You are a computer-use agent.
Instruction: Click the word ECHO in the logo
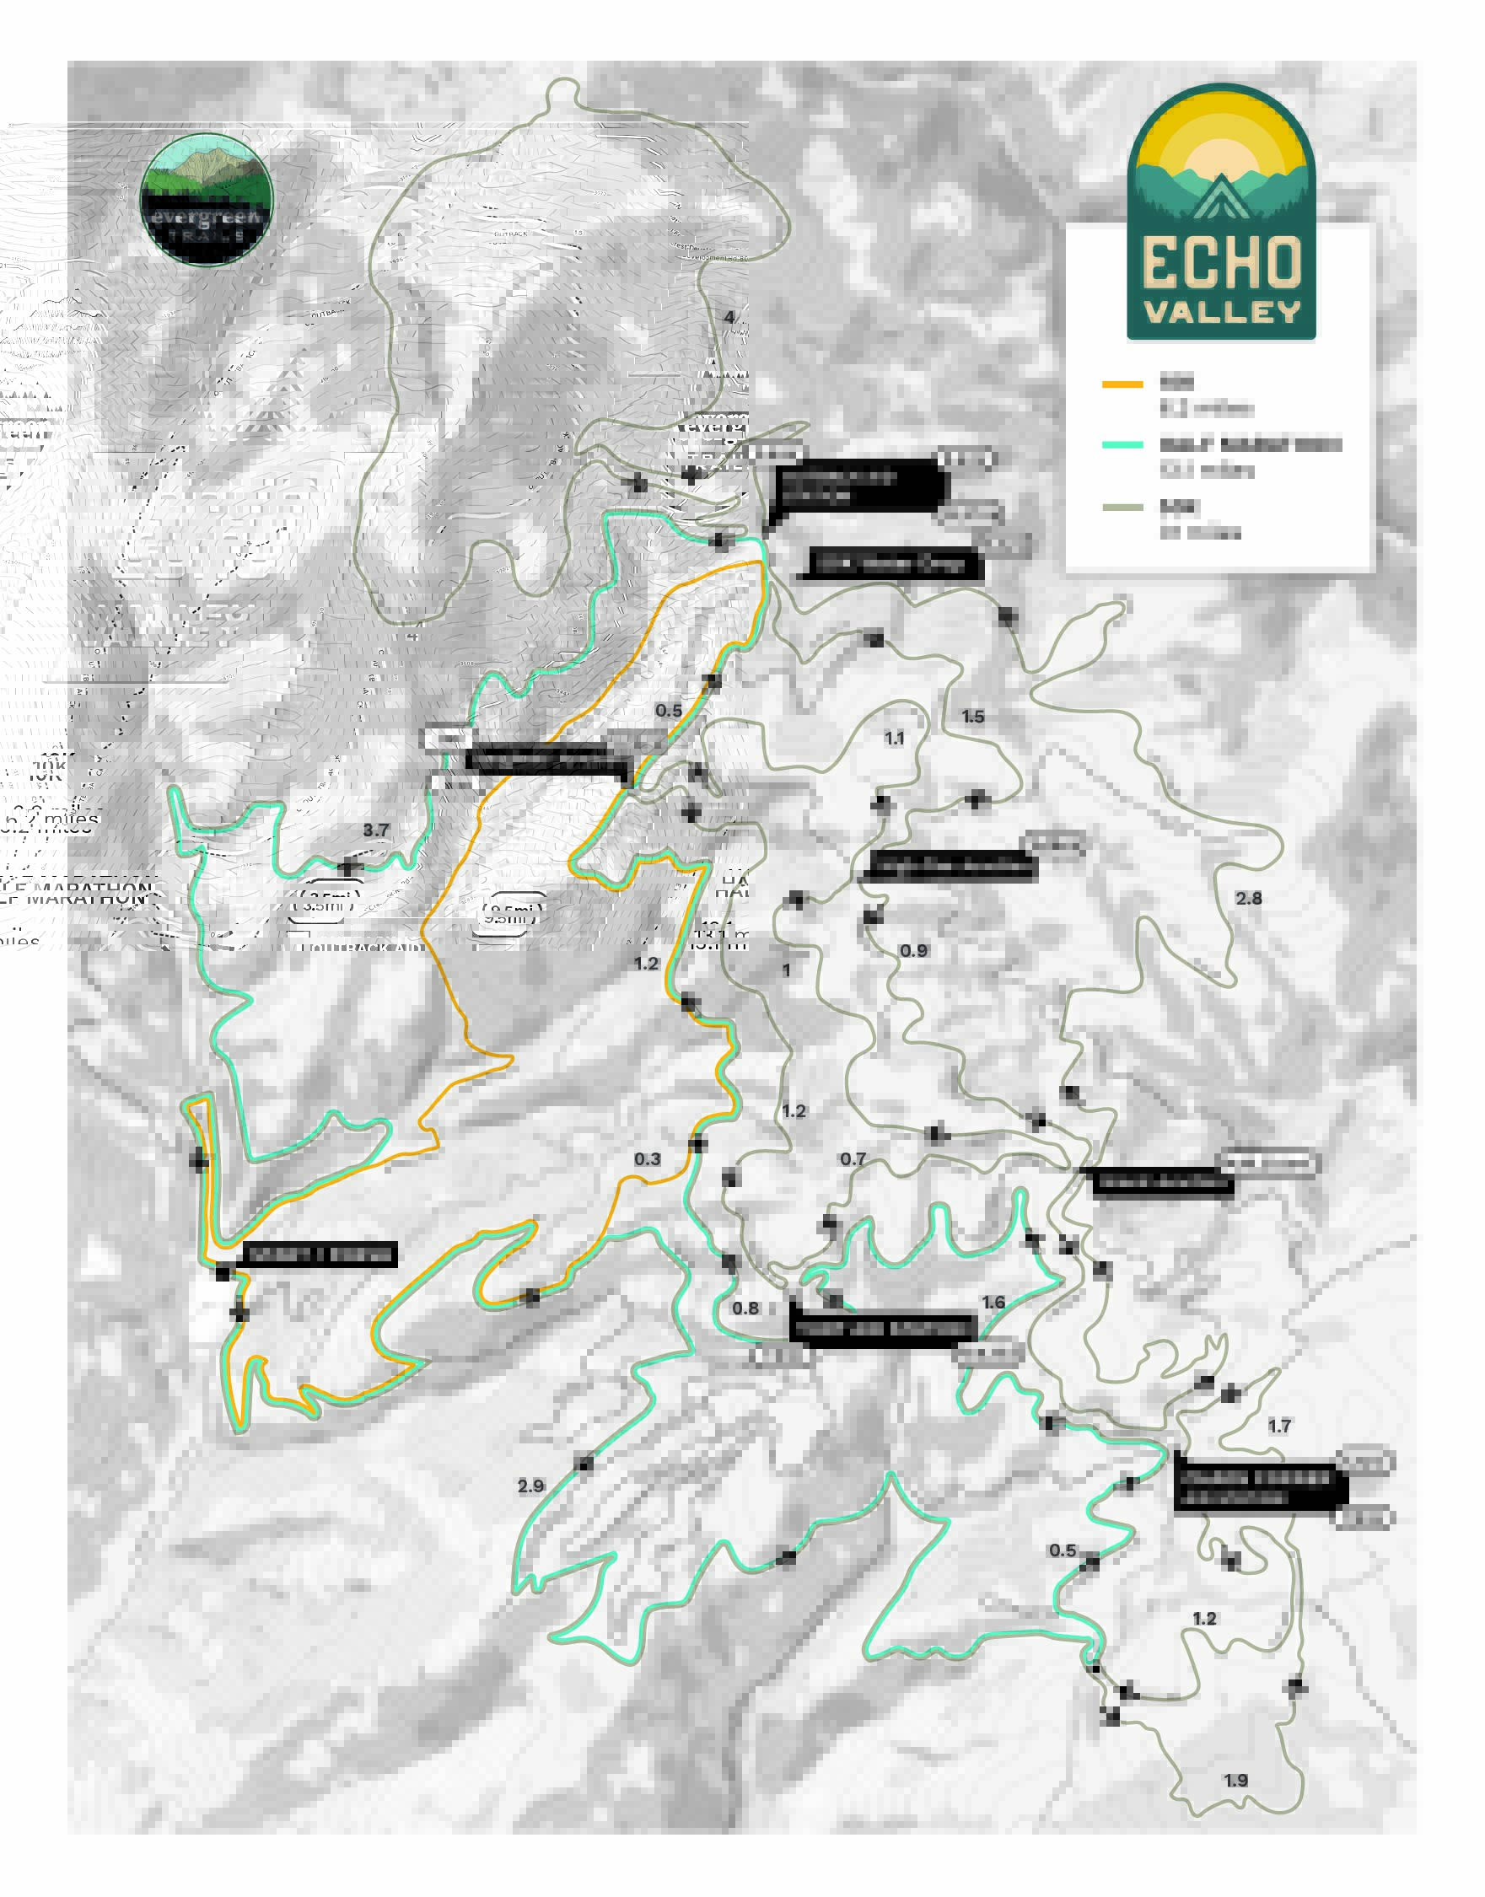[1222, 262]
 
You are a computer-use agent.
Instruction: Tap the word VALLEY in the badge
[1222, 312]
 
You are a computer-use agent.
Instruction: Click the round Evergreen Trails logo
[206, 199]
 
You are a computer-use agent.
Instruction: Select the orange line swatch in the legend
[1122, 384]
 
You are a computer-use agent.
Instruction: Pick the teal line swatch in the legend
[1122, 445]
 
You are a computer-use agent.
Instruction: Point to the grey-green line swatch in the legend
[1122, 507]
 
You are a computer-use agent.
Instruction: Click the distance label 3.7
[375, 830]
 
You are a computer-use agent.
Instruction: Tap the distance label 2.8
[1249, 898]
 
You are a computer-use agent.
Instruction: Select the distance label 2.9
[530, 1486]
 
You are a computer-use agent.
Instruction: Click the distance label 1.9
[1235, 1781]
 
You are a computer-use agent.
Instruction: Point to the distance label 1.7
[1279, 1426]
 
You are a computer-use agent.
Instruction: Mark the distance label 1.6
[993, 1303]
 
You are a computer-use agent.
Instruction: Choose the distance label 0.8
[745, 1309]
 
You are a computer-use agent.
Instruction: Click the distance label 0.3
[647, 1159]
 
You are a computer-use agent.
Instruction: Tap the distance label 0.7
[853, 1159]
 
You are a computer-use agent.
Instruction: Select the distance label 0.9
[913, 950]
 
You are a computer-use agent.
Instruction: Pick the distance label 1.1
[895, 738]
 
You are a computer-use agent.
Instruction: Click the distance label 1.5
[972, 717]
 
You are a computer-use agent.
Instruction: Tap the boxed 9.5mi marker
[509, 915]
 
